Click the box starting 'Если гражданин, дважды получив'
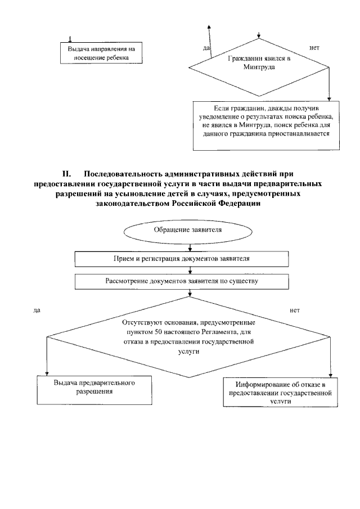(x=266, y=125)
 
